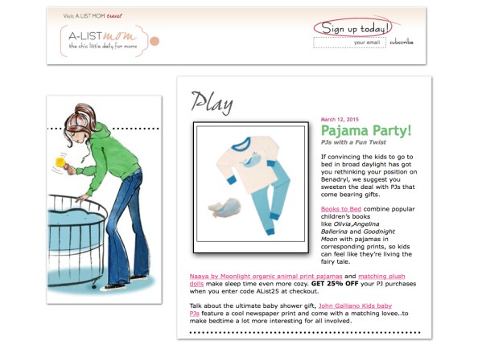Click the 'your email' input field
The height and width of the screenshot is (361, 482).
(x=349, y=43)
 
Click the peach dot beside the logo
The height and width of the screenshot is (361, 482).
(x=154, y=41)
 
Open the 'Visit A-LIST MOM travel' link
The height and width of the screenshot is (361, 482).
(x=93, y=15)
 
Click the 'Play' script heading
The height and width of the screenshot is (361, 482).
(x=212, y=102)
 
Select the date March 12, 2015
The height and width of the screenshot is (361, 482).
(x=340, y=119)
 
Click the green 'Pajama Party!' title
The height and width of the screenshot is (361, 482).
(x=366, y=130)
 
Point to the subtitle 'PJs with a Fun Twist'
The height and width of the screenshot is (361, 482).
(x=353, y=142)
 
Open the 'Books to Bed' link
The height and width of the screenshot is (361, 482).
(x=341, y=209)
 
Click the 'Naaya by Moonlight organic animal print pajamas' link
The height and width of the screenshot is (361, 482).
(x=266, y=277)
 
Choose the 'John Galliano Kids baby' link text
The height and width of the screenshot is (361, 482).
(x=355, y=306)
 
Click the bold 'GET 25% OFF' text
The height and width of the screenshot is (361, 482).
(x=335, y=284)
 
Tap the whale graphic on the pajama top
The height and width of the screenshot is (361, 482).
(x=252, y=160)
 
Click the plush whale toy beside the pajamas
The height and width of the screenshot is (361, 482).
(x=225, y=207)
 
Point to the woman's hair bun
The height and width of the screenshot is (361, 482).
(x=83, y=109)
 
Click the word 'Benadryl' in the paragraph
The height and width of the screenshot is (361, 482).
(x=335, y=179)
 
